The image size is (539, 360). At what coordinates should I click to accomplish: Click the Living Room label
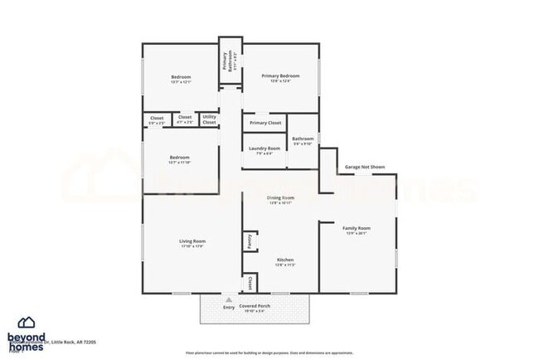192,241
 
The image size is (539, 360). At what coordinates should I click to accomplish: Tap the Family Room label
357,227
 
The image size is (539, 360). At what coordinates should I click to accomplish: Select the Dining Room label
280,197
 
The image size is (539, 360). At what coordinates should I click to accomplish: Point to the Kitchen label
284,259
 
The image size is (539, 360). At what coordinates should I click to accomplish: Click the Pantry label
249,241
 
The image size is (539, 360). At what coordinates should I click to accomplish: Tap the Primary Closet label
265,123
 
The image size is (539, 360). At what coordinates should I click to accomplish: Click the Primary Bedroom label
280,76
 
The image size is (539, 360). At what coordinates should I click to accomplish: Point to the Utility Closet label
209,120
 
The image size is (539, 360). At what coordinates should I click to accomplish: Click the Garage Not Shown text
365,167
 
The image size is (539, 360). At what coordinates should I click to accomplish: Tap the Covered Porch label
254,306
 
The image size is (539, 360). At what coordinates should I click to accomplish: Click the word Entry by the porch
229,308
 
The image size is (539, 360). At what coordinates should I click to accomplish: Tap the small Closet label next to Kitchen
249,284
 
